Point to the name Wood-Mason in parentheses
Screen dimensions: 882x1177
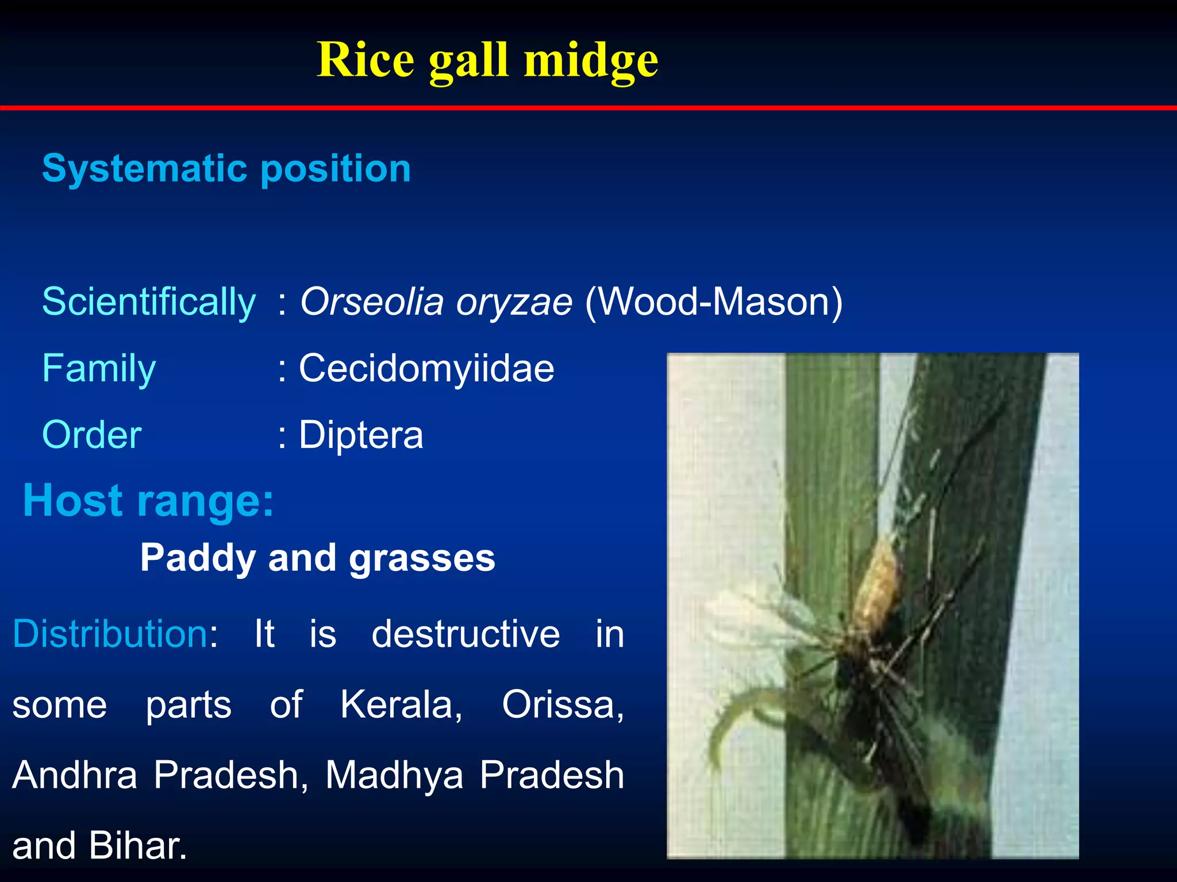point(713,302)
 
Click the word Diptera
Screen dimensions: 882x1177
point(361,435)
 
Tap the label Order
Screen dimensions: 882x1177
point(92,435)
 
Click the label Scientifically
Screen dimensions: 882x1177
point(149,302)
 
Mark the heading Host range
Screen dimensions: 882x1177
point(148,501)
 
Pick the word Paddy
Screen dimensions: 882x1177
point(198,558)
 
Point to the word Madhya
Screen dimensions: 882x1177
point(394,775)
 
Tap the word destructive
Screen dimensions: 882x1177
point(466,634)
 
